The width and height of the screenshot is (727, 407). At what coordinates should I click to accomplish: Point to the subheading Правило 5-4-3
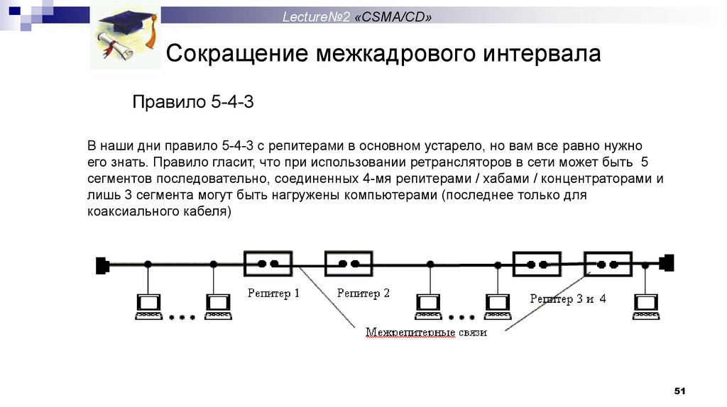click(x=193, y=103)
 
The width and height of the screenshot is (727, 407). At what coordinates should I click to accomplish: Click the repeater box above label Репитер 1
click(x=267, y=263)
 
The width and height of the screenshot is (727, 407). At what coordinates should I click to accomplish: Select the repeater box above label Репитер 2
click(x=348, y=263)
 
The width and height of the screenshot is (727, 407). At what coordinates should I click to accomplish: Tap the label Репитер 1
click(x=273, y=292)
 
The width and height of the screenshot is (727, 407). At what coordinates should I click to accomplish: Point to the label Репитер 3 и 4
click(x=568, y=299)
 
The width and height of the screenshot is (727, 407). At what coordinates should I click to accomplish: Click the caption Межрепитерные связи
click(x=426, y=332)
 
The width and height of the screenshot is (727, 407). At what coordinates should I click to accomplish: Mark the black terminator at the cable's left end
click(x=102, y=265)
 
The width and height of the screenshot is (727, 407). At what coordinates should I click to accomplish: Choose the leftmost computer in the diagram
click(x=149, y=306)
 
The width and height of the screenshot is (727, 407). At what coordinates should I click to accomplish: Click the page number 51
click(x=679, y=392)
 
